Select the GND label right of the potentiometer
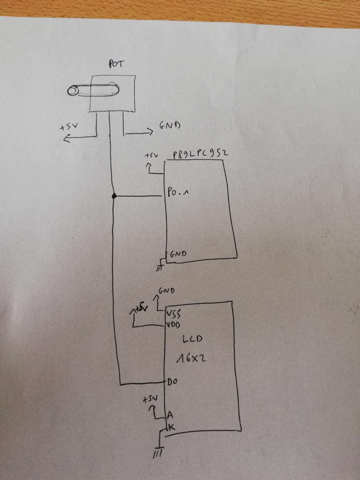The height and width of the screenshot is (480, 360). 169,125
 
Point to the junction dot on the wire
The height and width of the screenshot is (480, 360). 114,195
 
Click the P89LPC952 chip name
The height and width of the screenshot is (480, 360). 200,154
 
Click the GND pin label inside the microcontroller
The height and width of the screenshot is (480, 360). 178,254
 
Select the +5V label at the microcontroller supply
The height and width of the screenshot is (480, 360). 151,155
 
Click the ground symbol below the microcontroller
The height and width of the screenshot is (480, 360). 160,268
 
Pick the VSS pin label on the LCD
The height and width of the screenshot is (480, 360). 174,315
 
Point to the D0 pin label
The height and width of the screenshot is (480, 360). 172,382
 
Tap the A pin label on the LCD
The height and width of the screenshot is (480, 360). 170,415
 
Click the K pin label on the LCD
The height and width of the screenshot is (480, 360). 171,427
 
